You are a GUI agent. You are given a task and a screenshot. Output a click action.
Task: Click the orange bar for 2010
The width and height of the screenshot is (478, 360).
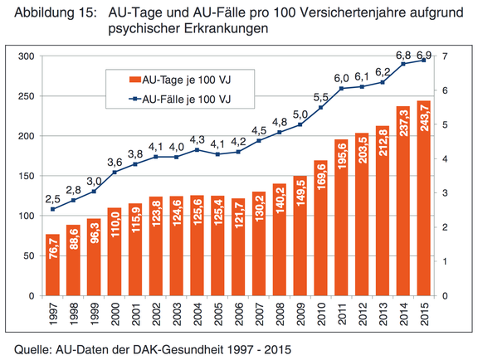320,228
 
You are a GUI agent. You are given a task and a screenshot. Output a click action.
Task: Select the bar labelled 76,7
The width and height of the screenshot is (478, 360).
53,265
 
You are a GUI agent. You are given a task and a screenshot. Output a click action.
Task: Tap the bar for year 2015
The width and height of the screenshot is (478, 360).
423,198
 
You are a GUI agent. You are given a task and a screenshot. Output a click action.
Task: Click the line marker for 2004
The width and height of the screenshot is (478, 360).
197,150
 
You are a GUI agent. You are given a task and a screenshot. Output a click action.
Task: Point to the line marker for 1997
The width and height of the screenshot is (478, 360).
53,209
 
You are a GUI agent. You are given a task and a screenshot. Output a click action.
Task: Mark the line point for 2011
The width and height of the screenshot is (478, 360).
341,89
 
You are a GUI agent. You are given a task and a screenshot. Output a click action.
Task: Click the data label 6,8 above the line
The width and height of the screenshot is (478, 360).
403,56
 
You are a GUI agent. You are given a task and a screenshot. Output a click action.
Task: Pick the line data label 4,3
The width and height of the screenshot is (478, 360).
198,140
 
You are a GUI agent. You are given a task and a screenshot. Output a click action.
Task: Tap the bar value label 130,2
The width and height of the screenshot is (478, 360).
259,208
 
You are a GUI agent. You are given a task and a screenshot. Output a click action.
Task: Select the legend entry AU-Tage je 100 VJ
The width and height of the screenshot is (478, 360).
180,80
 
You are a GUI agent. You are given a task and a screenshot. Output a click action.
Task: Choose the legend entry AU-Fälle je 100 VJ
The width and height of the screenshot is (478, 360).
180,99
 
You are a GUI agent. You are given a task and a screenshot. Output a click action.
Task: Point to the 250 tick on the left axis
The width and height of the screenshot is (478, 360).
27,96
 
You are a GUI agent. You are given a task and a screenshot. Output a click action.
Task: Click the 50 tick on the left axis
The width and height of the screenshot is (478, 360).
29,255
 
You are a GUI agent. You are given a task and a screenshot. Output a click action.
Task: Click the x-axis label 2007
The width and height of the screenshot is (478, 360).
260,314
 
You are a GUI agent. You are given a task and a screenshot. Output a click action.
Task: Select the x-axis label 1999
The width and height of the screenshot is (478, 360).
94,314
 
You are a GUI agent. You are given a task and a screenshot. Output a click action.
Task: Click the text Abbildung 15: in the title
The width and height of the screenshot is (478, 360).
55,13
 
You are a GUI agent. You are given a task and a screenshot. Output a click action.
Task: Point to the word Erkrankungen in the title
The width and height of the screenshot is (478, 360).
226,28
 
